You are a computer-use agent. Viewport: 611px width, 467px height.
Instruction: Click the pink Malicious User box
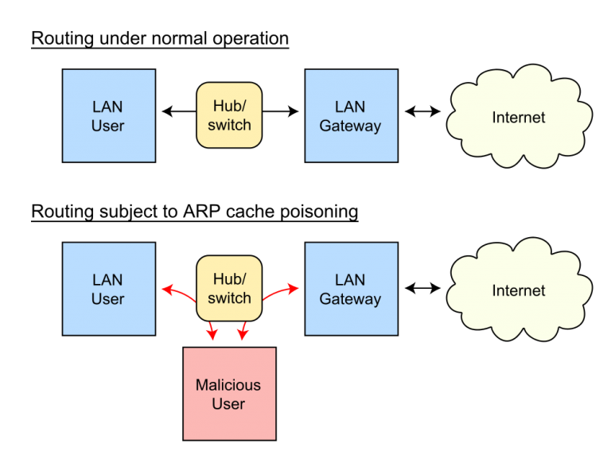click(x=229, y=394)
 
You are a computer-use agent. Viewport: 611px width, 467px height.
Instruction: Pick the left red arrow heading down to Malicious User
click(x=211, y=330)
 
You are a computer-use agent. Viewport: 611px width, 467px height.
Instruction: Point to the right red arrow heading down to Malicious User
click(x=243, y=330)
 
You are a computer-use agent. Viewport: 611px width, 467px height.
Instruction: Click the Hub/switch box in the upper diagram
click(x=229, y=115)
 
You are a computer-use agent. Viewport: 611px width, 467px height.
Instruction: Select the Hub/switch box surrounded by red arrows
click(x=229, y=288)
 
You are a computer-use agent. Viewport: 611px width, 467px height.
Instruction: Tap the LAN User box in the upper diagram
click(x=108, y=116)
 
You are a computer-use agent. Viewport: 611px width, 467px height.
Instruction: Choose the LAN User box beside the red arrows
click(x=108, y=289)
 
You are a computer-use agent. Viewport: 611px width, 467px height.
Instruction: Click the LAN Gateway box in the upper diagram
click(x=351, y=116)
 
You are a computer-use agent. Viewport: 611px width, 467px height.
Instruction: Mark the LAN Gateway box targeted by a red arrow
click(x=351, y=289)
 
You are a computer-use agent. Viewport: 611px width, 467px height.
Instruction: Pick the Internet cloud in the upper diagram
click(x=519, y=117)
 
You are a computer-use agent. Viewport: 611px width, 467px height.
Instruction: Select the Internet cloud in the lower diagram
click(x=519, y=290)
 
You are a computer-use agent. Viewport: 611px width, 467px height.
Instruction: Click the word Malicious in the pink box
click(x=228, y=385)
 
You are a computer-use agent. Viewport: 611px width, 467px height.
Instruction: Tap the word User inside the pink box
click(x=228, y=404)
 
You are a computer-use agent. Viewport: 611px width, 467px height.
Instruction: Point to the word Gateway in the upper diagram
click(x=351, y=126)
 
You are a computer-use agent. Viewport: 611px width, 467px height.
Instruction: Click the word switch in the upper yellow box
click(x=229, y=126)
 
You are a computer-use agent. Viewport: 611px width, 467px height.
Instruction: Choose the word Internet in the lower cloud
click(x=519, y=291)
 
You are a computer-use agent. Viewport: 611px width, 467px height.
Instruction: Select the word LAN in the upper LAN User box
click(x=107, y=107)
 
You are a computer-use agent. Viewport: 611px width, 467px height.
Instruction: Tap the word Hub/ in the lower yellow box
click(x=229, y=279)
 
